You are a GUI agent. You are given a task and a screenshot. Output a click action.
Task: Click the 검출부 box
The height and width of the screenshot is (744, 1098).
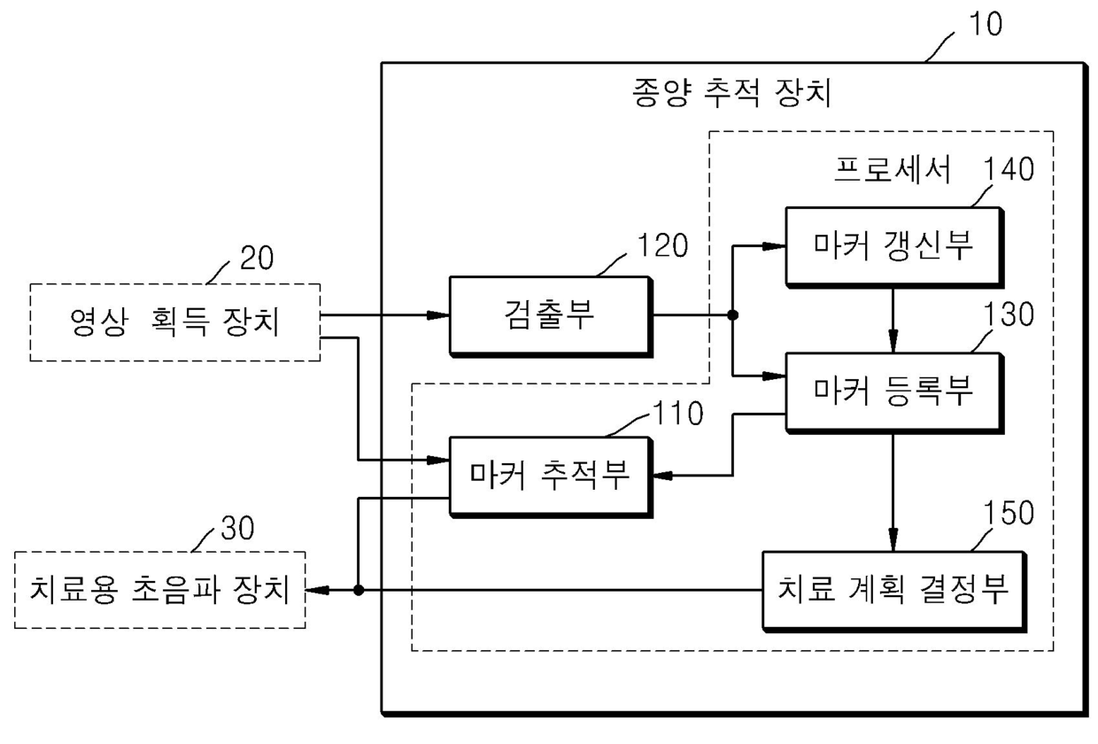click(x=551, y=316)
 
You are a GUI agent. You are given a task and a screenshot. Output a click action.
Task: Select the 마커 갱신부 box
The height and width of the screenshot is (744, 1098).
click(x=894, y=247)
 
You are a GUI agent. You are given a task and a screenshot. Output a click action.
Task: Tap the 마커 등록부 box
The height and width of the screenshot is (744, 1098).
click(x=894, y=393)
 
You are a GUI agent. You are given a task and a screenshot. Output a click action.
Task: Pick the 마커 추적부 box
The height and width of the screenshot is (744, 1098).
click(x=551, y=477)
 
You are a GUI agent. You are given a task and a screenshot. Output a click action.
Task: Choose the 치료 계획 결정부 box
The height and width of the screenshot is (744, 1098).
click(x=894, y=592)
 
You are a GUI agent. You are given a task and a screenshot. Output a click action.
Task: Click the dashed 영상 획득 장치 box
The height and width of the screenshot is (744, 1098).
click(x=175, y=322)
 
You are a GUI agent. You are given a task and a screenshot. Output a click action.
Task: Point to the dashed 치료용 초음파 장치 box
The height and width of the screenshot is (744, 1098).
click(x=159, y=590)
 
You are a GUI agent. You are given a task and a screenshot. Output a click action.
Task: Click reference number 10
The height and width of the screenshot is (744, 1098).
click(x=986, y=24)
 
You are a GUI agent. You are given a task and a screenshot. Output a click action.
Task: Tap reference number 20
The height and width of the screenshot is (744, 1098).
click(x=257, y=258)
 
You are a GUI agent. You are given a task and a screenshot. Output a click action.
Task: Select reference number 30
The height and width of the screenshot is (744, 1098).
click(x=237, y=528)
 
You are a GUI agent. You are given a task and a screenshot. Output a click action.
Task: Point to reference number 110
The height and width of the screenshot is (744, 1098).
click(x=678, y=413)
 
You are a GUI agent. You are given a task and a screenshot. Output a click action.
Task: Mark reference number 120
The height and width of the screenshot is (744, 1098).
click(x=662, y=245)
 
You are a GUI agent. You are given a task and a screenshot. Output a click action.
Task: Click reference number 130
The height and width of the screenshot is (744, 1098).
click(x=1009, y=314)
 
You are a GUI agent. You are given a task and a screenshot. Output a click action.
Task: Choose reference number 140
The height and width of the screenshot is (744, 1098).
click(x=1009, y=168)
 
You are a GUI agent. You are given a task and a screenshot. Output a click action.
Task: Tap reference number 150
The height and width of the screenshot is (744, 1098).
click(x=1009, y=513)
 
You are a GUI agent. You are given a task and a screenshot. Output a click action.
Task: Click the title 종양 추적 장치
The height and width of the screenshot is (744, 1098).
click(x=731, y=92)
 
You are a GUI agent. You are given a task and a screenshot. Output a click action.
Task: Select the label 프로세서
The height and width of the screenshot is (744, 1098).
click(x=893, y=169)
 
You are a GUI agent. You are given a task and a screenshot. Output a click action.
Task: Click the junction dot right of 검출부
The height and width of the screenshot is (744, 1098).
click(x=733, y=314)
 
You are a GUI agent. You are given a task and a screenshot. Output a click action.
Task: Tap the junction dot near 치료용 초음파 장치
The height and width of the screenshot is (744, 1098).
click(x=359, y=590)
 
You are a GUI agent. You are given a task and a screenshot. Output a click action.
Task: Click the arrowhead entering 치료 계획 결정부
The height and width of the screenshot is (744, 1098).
click(x=893, y=540)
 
